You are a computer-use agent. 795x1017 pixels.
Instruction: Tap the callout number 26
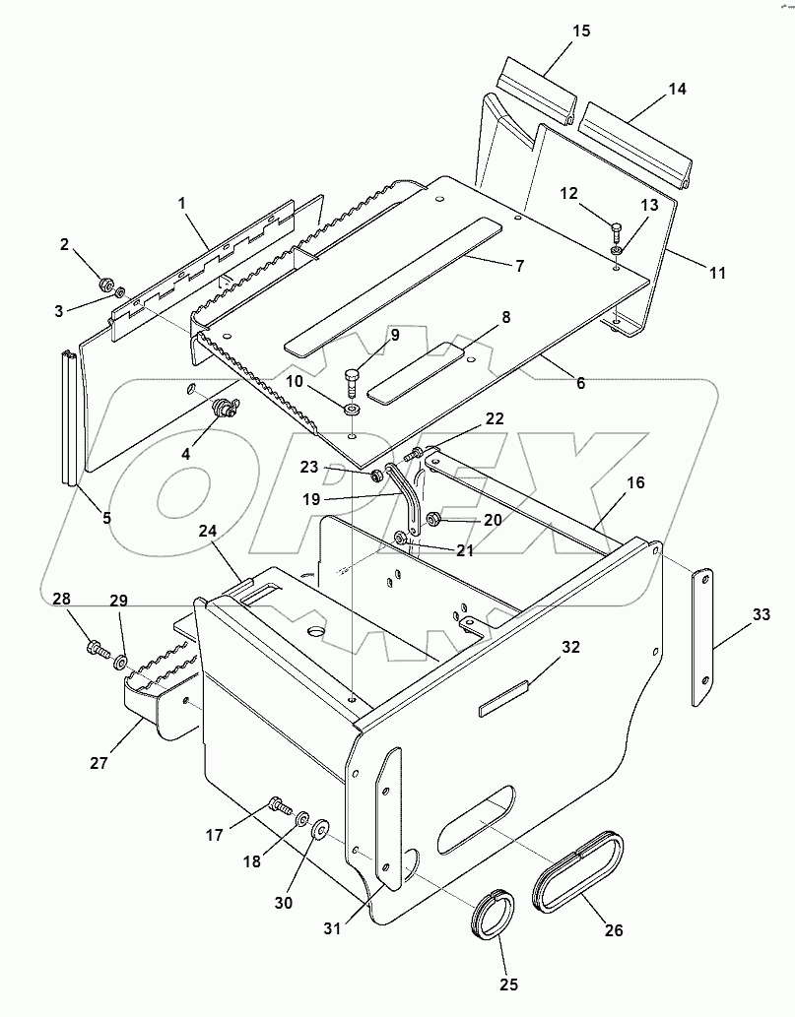click(614, 928)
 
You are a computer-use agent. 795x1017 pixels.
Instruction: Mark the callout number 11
click(716, 273)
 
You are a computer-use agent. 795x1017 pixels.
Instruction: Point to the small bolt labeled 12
click(616, 233)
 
